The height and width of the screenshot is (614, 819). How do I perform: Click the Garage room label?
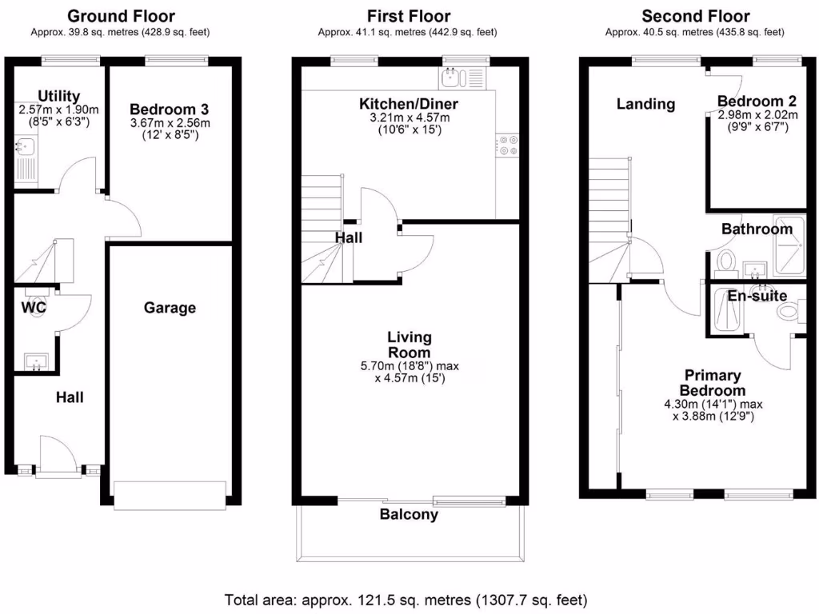[x=170, y=308]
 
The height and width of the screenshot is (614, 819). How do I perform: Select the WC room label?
[x=34, y=308]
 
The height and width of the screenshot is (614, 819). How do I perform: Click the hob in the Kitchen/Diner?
[x=508, y=146]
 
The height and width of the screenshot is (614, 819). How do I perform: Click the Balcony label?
[x=409, y=515]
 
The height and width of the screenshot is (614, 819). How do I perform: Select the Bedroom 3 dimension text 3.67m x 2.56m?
[x=170, y=123]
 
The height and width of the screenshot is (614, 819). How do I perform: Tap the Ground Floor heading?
[x=121, y=16]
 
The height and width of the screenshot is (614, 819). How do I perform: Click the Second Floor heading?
[x=695, y=16]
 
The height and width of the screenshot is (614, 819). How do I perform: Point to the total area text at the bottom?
[x=406, y=600]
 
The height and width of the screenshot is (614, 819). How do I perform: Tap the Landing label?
[x=645, y=104]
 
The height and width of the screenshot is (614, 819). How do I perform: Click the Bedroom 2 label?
[x=757, y=101]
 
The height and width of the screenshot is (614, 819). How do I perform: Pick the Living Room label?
[x=409, y=345]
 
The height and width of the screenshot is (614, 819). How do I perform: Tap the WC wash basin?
[x=36, y=361]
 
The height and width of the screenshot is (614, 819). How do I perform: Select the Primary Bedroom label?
[x=713, y=383]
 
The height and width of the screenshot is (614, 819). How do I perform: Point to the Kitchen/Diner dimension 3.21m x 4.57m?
[x=409, y=118]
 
